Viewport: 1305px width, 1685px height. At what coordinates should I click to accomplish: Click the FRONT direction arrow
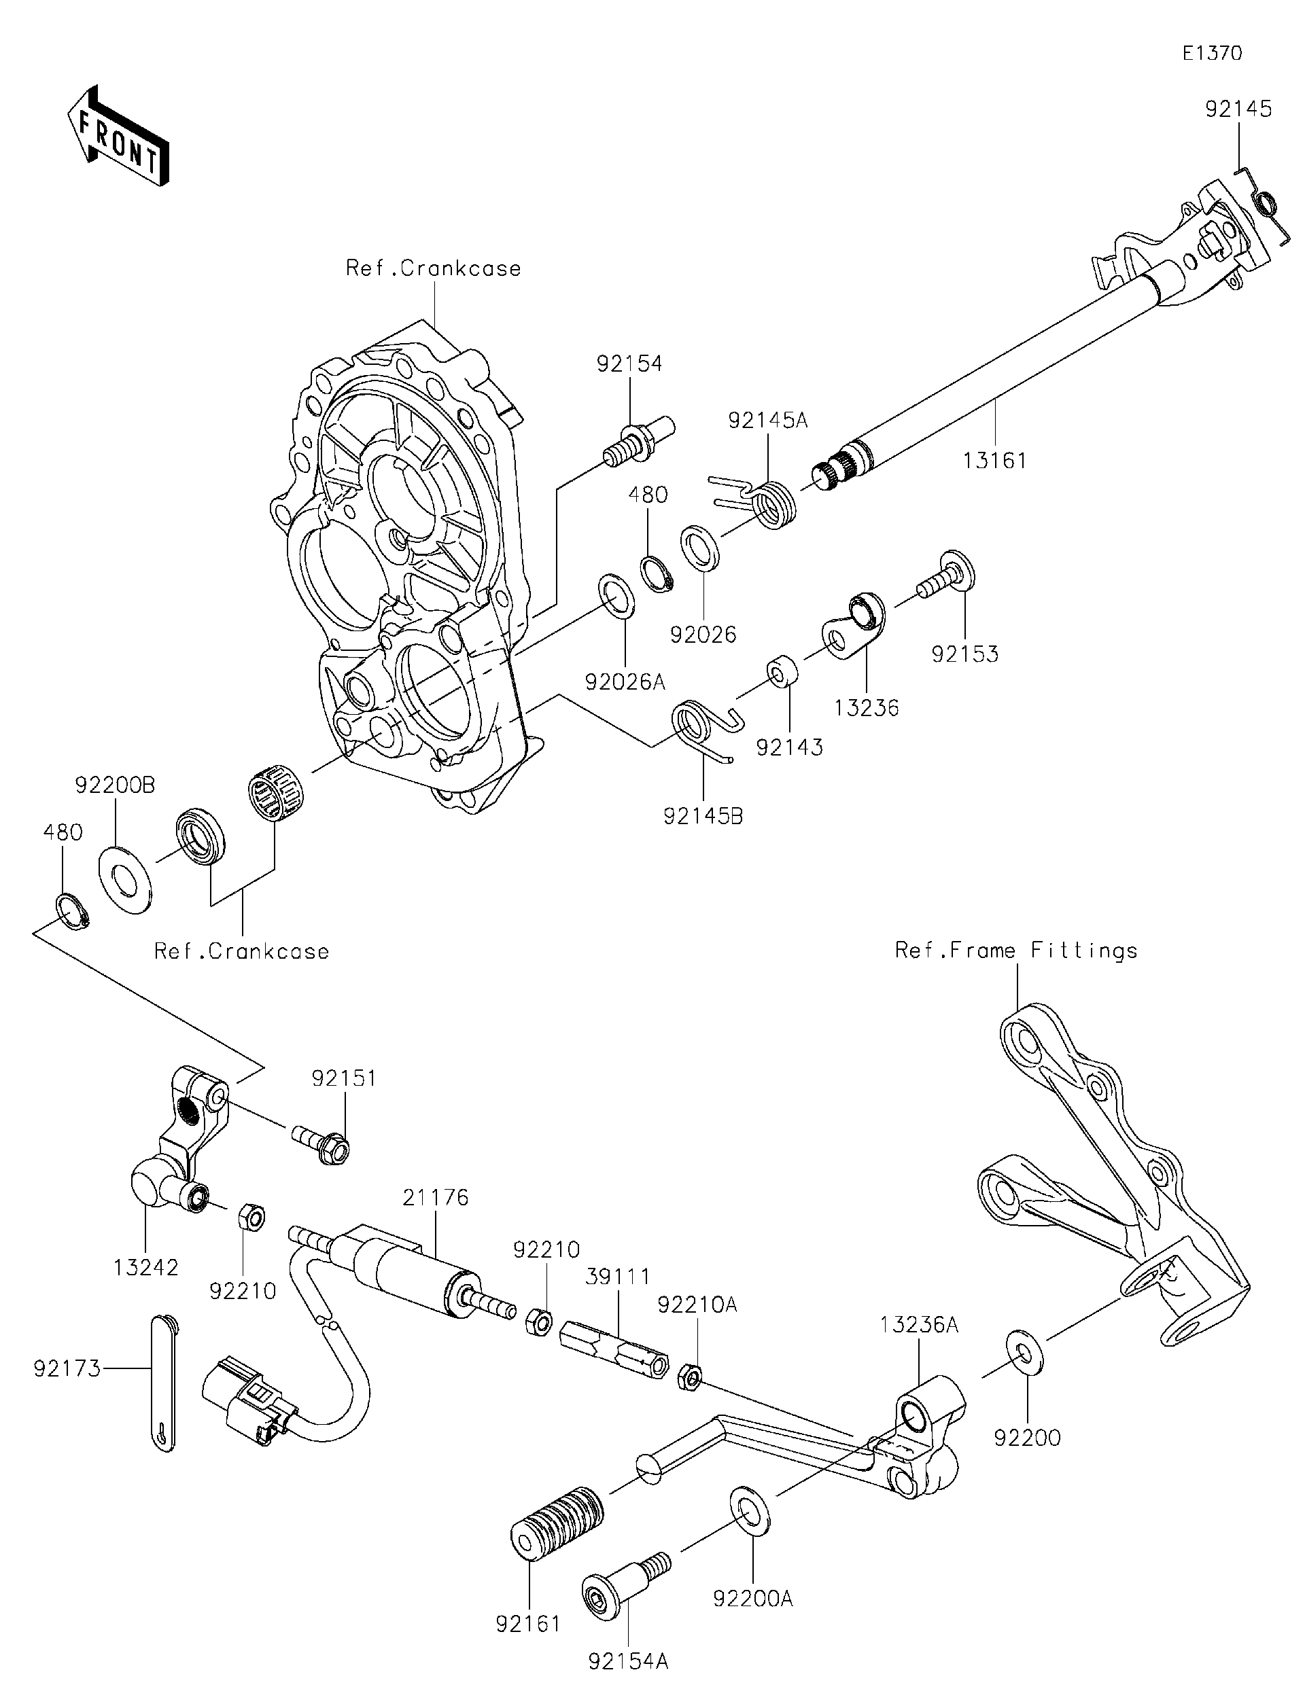[118, 136]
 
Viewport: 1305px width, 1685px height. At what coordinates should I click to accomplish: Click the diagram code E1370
[1212, 53]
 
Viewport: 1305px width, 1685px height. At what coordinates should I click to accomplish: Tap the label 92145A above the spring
[767, 421]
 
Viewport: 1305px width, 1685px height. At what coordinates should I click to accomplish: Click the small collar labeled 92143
[781, 671]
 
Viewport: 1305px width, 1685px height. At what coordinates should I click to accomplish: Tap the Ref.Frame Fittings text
[1015, 951]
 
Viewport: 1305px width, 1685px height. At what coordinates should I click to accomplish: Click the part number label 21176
[435, 1197]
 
